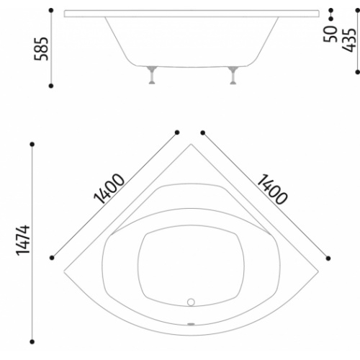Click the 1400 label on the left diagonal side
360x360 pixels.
(x=109, y=188)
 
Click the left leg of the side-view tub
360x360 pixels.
(x=151, y=74)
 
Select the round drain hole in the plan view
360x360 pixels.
(x=192, y=302)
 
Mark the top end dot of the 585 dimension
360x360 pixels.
(x=51, y=11)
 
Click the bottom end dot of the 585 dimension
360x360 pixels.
(x=51, y=86)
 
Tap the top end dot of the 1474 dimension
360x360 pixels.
(x=32, y=145)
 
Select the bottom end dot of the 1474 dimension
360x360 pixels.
(x=32, y=338)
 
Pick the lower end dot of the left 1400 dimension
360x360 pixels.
(x=52, y=257)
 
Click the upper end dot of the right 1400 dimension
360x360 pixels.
(x=203, y=132)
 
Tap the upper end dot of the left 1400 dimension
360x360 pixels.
(x=177, y=132)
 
